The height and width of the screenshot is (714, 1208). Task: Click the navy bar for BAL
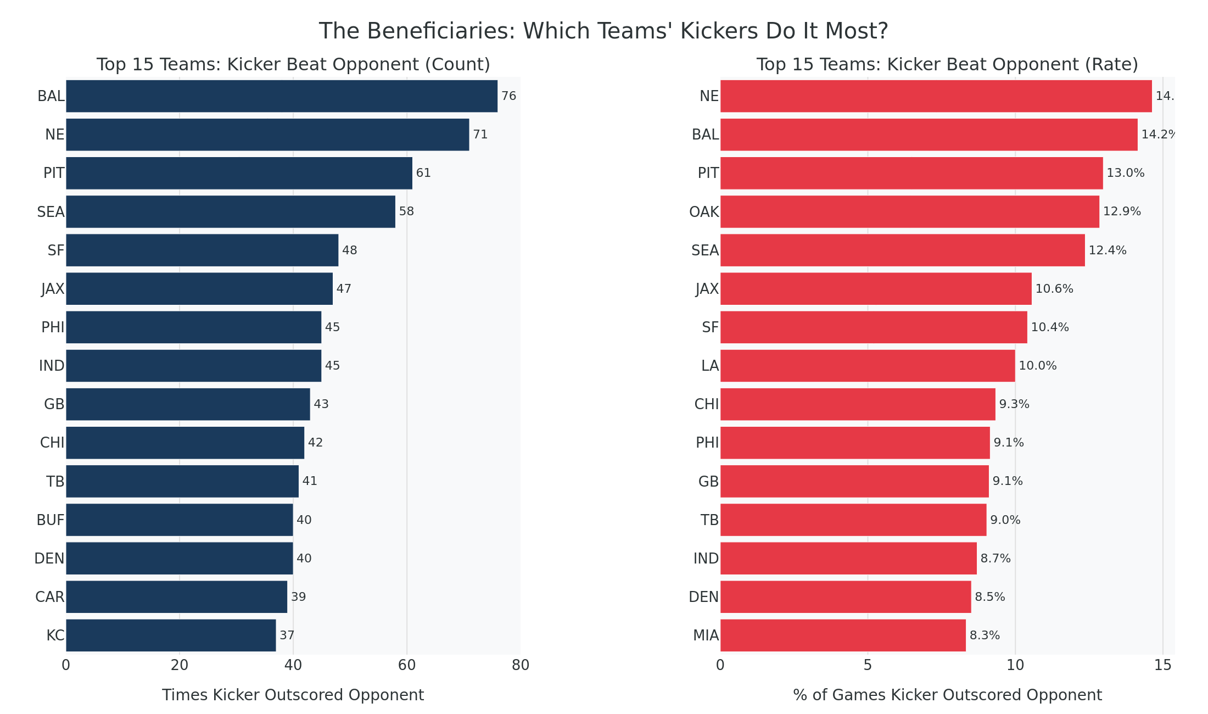click(x=282, y=96)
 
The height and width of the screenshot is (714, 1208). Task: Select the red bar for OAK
click(x=909, y=211)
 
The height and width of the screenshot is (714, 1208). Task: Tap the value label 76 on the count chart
click(x=508, y=96)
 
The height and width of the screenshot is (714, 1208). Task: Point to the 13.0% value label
click(x=1125, y=173)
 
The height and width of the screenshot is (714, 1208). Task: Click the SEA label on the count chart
click(x=51, y=212)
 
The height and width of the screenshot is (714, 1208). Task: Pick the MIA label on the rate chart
click(x=706, y=635)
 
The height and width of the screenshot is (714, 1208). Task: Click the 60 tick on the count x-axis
click(x=407, y=665)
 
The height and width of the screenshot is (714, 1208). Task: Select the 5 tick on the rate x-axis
click(x=868, y=665)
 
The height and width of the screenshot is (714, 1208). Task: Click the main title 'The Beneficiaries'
click(x=603, y=31)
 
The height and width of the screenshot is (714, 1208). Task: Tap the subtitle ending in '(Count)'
click(x=293, y=65)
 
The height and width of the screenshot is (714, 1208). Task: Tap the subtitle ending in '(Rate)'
click(x=947, y=65)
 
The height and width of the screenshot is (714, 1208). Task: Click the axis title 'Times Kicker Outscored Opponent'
click(x=293, y=695)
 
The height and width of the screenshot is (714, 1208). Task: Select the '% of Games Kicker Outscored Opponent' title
click(x=947, y=695)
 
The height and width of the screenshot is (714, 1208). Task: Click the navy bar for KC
click(x=171, y=635)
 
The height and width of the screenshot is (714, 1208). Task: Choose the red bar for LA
click(x=868, y=366)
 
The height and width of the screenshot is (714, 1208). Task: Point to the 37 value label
click(x=287, y=635)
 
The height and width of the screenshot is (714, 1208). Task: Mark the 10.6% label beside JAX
click(x=1054, y=289)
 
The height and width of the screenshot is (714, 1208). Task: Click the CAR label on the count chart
click(x=50, y=597)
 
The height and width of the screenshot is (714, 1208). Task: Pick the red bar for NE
click(x=936, y=96)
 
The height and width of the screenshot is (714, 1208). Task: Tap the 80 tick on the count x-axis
click(x=521, y=665)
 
